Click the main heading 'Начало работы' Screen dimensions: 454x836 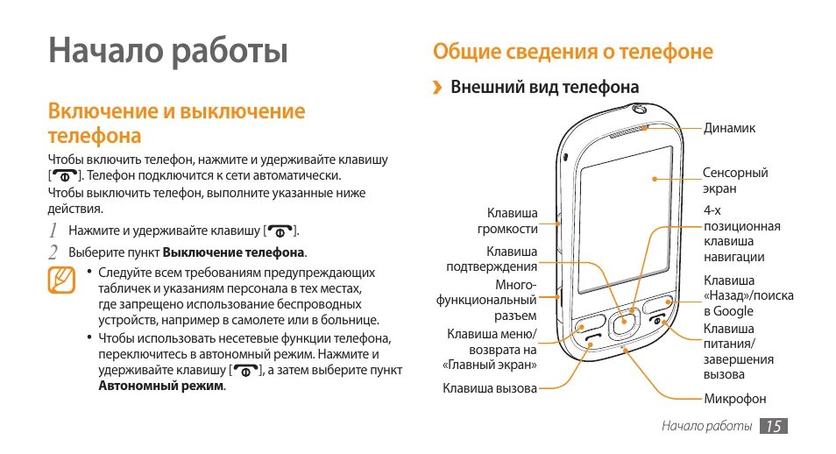pos(168,51)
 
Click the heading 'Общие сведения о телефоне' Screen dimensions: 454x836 pos(573,52)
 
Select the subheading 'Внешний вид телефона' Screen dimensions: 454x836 pos(544,88)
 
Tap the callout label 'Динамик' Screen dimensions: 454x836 pos(729,128)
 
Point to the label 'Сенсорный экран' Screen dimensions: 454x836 pos(734,181)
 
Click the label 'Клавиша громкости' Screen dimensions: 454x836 pos(507,221)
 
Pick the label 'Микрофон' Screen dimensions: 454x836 pos(735,399)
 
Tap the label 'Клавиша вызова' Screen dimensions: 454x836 pos(489,387)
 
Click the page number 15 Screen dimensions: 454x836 pos(773,426)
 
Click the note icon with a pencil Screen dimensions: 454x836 pos(61,280)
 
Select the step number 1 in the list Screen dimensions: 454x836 pos(53,231)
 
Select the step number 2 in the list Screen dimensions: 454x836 pos(53,252)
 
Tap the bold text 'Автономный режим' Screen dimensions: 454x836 pos(161,386)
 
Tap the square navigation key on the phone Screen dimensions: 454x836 pos(624,323)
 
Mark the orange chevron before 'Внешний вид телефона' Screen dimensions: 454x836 pos(436,88)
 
